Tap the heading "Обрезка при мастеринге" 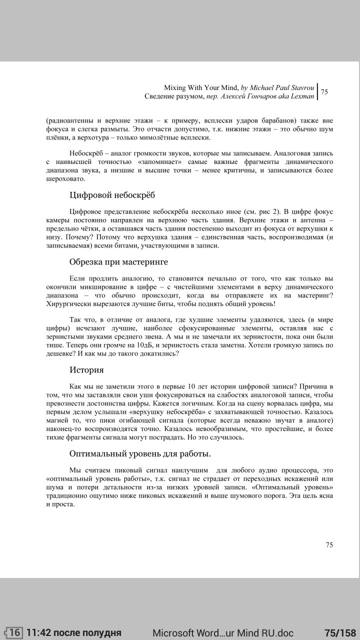pos(118,261)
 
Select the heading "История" pos(86,370)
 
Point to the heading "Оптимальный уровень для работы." pos(140,453)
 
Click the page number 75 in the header pos(324,92)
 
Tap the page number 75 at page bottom pos(329,545)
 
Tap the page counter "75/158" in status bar pos(340,632)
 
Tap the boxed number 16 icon pos(15,632)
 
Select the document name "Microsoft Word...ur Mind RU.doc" pos(223,632)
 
